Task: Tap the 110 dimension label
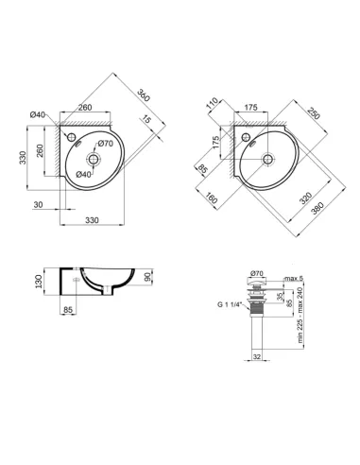214,101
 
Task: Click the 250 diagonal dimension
311,110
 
